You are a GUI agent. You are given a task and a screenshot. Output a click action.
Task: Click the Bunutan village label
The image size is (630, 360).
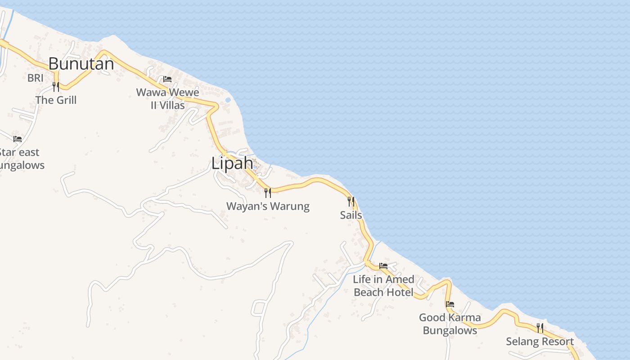point(81,64)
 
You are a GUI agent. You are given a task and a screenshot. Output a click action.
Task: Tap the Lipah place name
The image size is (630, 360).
point(232,163)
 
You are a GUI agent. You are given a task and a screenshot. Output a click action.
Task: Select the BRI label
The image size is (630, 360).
point(36,78)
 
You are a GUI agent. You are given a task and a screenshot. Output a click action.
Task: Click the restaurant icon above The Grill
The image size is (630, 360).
point(56,86)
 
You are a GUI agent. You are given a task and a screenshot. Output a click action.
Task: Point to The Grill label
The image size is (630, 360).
point(56,100)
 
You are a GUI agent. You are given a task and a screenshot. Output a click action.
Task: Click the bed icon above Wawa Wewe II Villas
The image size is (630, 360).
point(167,79)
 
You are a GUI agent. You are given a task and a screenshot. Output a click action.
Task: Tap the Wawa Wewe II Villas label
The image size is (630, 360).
point(167,99)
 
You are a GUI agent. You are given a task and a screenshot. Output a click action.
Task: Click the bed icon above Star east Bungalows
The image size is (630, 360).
point(18,139)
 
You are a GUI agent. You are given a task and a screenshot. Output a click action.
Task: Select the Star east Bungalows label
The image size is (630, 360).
point(20,159)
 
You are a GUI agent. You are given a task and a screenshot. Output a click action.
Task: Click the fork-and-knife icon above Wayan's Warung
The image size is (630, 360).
point(268,193)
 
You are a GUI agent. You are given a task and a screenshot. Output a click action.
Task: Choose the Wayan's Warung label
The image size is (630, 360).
point(268,207)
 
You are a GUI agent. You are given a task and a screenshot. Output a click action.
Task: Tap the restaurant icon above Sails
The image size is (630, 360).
point(351,201)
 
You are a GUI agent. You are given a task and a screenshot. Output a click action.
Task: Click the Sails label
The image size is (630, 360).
point(351,215)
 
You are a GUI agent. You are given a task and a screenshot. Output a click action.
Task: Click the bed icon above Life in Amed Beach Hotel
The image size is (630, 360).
point(383,266)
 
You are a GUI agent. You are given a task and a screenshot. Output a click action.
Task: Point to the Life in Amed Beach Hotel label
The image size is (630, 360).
point(383,286)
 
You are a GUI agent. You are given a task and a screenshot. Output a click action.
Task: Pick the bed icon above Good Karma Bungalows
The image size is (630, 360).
point(450,304)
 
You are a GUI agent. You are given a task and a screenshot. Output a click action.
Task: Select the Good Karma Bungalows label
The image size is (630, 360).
point(450,324)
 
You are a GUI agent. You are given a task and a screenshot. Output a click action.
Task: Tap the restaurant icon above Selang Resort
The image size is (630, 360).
point(540,328)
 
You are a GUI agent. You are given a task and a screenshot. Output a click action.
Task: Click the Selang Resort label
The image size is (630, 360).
point(540,342)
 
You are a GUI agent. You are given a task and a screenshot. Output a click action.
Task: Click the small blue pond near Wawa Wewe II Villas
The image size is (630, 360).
point(228,99)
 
